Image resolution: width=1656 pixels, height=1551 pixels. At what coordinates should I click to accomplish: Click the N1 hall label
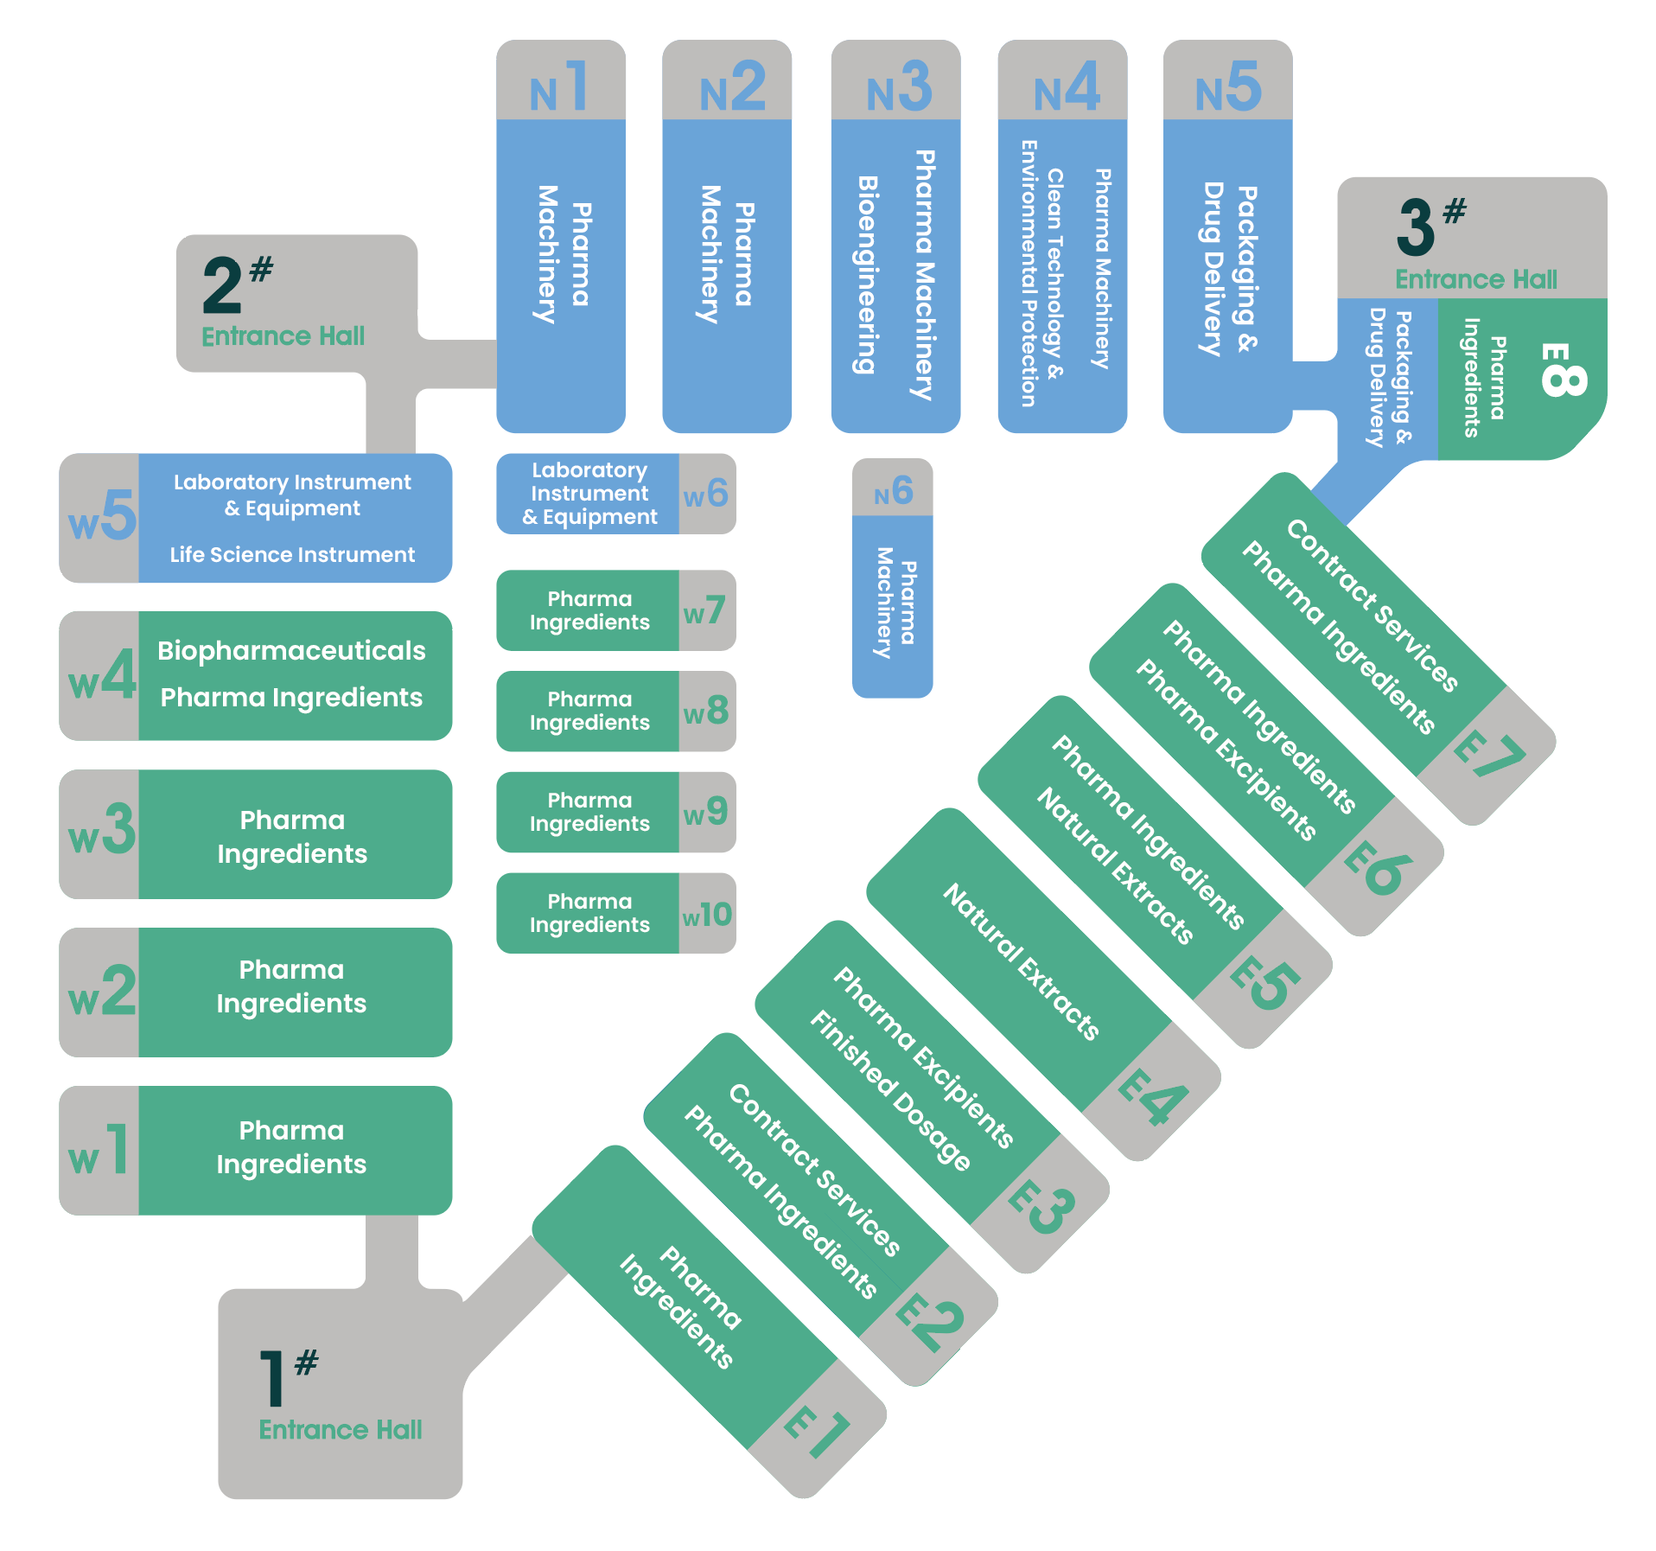[x=559, y=86]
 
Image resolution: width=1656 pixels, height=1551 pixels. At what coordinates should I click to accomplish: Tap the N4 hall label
[x=1067, y=86]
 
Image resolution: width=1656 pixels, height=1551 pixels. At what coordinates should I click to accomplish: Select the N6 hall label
[x=893, y=491]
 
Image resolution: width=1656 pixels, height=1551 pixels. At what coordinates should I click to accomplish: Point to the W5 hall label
[x=102, y=515]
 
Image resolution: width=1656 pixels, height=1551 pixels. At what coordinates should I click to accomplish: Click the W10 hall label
[x=707, y=915]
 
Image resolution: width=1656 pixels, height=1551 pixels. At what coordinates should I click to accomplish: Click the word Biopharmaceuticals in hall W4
[x=291, y=650]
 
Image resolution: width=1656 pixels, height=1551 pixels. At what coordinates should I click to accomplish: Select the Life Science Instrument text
[x=292, y=554]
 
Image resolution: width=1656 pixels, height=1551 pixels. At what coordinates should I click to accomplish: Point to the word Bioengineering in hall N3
[x=867, y=275]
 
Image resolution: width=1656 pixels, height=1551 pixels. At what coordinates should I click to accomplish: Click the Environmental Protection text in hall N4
[x=1028, y=273]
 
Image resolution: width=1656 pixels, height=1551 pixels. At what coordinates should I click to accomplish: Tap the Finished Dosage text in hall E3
[x=890, y=1089]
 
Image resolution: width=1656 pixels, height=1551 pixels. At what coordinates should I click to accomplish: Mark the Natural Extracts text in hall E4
[x=1021, y=961]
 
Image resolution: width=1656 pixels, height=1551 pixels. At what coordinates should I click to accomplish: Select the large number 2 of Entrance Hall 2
[x=222, y=285]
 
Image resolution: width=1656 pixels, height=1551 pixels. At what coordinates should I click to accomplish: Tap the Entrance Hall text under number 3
[x=1476, y=279]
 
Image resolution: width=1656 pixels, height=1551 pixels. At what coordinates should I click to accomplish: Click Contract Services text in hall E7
[x=1373, y=605]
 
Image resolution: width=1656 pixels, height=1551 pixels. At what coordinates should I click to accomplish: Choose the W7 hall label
[x=704, y=610]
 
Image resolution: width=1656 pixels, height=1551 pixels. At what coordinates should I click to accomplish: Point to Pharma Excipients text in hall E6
[x=1226, y=750]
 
